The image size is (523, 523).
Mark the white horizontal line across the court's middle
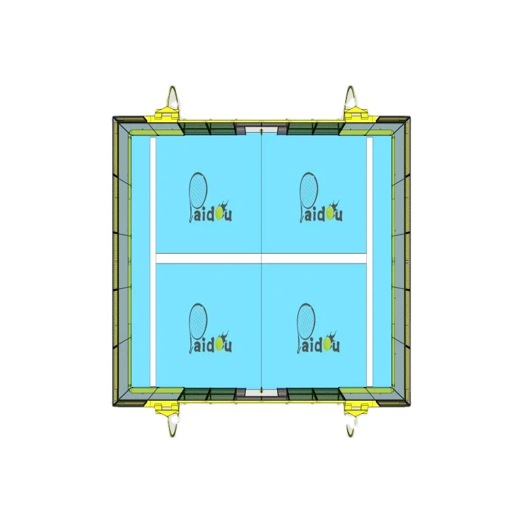tap(261, 258)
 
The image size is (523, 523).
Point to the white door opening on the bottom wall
tap(261, 394)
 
